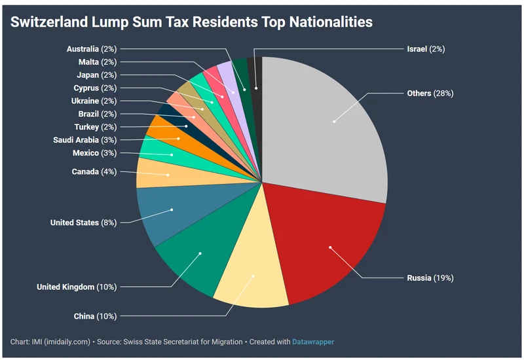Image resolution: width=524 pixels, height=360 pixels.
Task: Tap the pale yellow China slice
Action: [x=252, y=278]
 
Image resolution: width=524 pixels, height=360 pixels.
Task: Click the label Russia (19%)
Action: [x=430, y=278]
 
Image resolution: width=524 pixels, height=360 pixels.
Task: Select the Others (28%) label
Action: [x=430, y=94]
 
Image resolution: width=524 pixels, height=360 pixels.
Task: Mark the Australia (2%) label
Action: [x=92, y=49]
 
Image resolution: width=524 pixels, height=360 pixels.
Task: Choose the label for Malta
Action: [x=97, y=62]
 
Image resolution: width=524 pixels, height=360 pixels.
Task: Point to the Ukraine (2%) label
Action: [x=94, y=101]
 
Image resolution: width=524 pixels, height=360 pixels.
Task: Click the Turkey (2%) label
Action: [x=95, y=127]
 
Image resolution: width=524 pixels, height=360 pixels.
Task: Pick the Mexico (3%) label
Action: [x=94, y=153]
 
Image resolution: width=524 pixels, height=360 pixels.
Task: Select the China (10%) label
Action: [x=95, y=317]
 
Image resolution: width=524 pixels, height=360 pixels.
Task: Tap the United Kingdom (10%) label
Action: [x=76, y=287]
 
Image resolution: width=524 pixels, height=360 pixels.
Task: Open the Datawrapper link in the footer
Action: [x=312, y=342]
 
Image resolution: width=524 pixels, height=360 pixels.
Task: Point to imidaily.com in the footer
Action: [x=69, y=342]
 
